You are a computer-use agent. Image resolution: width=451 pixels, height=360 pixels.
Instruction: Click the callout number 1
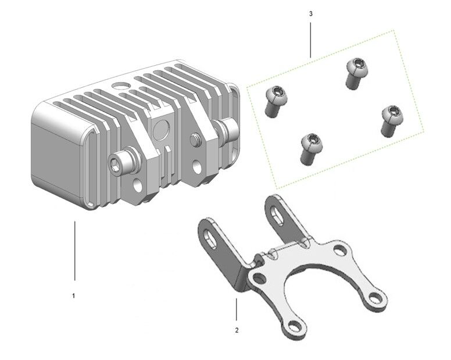(74, 296)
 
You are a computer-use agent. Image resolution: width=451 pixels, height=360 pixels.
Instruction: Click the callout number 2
(237, 330)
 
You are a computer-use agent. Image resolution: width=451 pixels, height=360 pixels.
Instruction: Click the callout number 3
(310, 13)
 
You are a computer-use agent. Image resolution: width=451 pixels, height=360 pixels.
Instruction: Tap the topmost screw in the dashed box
(356, 73)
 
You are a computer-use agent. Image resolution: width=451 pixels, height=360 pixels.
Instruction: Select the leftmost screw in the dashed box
(275, 101)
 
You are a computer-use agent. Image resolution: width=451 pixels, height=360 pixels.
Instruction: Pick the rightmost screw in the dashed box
(392, 120)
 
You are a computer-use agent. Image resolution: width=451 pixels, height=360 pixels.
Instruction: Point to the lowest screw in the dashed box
(311, 149)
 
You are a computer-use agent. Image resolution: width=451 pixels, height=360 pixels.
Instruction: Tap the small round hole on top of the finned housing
(120, 85)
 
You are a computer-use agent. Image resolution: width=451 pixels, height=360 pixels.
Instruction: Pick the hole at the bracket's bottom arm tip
(295, 327)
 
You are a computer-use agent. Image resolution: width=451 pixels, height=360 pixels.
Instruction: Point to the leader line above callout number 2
(237, 309)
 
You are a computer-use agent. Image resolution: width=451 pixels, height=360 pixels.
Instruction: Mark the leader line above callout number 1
(75, 250)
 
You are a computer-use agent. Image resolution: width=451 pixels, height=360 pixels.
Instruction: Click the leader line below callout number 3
(310, 40)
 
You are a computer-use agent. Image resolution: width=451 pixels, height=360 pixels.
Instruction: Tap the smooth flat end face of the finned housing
(56, 161)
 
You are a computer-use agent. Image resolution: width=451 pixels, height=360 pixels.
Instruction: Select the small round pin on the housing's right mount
(195, 138)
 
